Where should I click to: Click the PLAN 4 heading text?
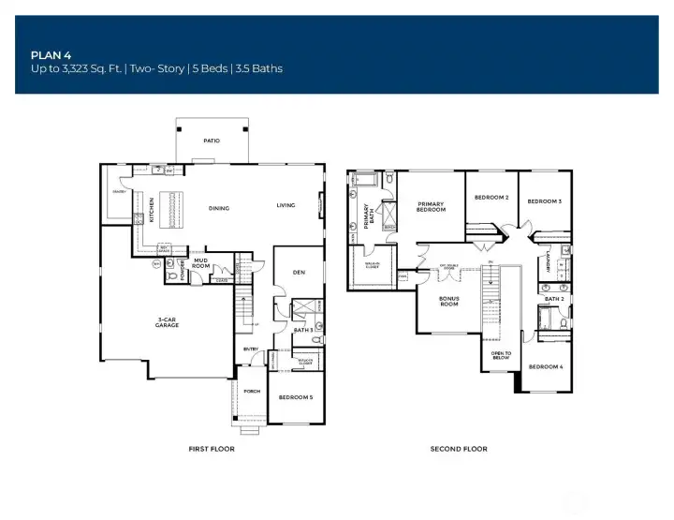pos(48,54)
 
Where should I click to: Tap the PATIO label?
pos(212,141)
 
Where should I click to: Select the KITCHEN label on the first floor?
pos(151,209)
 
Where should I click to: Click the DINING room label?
pos(219,208)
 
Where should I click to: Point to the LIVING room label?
pos(286,206)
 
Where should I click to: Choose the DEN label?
pos(299,273)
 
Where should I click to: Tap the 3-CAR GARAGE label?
pos(168,325)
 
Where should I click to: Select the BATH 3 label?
pos(302,329)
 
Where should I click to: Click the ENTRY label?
pos(251,349)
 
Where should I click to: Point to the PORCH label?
pos(251,392)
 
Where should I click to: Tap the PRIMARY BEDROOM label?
pos(431,207)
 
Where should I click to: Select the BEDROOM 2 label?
pos(491,198)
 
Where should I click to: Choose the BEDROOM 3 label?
pos(545,201)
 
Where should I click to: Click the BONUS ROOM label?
pos(449,302)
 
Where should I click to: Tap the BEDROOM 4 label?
pos(545,366)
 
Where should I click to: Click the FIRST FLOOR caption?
pos(212,449)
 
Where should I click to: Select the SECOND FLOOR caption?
pos(459,449)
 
